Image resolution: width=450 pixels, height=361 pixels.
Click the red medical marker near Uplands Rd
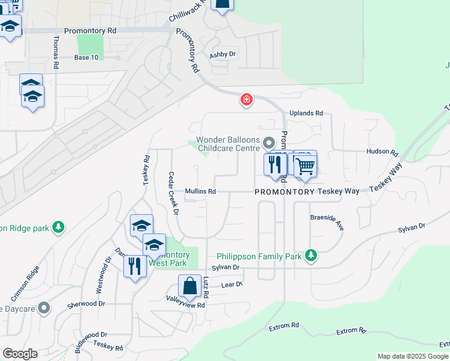click(246, 99)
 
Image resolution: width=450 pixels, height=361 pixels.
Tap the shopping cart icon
click(305, 165)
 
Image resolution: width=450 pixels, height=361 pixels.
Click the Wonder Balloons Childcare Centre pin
click(269, 143)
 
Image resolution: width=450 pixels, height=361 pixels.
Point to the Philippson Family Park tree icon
click(310, 256)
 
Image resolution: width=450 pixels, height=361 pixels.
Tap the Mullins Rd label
click(200, 191)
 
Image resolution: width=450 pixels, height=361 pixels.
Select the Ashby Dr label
click(223, 55)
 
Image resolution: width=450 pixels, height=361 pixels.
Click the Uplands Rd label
click(306, 113)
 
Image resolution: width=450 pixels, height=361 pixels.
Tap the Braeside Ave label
click(327, 222)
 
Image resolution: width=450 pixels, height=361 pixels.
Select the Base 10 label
click(86, 57)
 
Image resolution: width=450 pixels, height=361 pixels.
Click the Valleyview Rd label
click(186, 305)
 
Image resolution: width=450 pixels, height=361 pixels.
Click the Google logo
click(20, 353)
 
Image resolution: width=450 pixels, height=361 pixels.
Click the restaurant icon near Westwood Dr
click(135, 266)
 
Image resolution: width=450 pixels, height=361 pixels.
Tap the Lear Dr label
click(232, 285)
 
